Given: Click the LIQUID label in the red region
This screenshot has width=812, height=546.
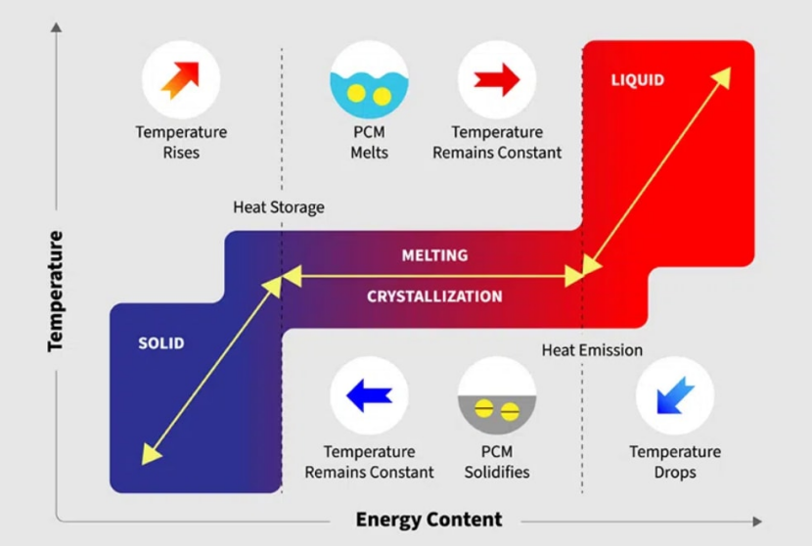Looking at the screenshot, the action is click(x=638, y=80).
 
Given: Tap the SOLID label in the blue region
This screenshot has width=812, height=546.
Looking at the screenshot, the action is click(x=161, y=342).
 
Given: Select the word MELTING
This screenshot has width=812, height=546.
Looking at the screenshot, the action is click(x=435, y=254).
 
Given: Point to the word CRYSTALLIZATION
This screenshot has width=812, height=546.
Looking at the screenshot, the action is click(x=434, y=296).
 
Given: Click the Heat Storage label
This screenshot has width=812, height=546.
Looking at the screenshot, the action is click(x=279, y=207).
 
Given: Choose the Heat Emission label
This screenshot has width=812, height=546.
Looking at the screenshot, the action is click(x=592, y=350).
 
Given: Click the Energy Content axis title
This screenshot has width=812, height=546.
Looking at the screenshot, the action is click(x=429, y=519).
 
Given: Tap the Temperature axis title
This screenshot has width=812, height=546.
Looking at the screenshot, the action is click(x=55, y=292).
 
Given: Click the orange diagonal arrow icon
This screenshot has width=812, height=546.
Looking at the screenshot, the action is click(x=181, y=80).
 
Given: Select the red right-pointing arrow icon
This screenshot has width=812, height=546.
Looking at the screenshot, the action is click(x=497, y=80).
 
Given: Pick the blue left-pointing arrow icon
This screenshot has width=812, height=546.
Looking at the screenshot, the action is click(x=369, y=395).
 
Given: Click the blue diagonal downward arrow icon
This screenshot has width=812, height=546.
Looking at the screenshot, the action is click(x=675, y=395).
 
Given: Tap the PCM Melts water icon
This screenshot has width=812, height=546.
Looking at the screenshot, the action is click(x=369, y=80).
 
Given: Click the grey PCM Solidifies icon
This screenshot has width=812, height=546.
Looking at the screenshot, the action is click(x=497, y=395).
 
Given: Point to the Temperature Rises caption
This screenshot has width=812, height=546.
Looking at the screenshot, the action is click(x=181, y=142).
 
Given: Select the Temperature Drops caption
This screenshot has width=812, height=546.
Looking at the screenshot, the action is click(x=675, y=462).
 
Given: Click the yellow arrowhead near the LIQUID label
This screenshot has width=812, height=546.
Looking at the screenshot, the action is click(x=722, y=76).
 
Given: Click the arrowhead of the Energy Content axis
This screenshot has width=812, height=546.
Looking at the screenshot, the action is click(x=757, y=522).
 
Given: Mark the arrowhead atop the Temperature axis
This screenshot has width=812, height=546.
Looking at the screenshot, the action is click(x=56, y=27).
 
